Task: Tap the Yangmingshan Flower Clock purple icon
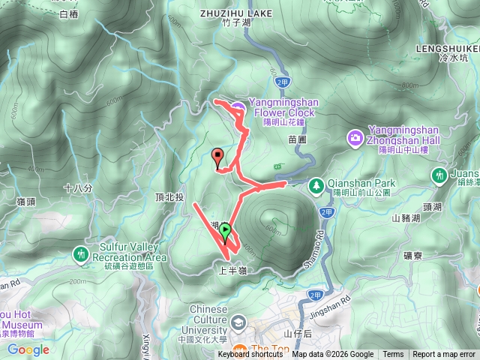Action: point(237,109)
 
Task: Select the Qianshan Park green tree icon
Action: point(316,183)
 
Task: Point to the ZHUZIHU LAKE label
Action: point(235,13)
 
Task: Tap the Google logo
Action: point(28,349)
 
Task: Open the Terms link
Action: point(393,355)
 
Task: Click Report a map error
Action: point(444,355)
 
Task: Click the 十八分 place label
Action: point(78,188)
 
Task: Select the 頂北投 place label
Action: point(169,197)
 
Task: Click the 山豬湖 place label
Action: point(406,217)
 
